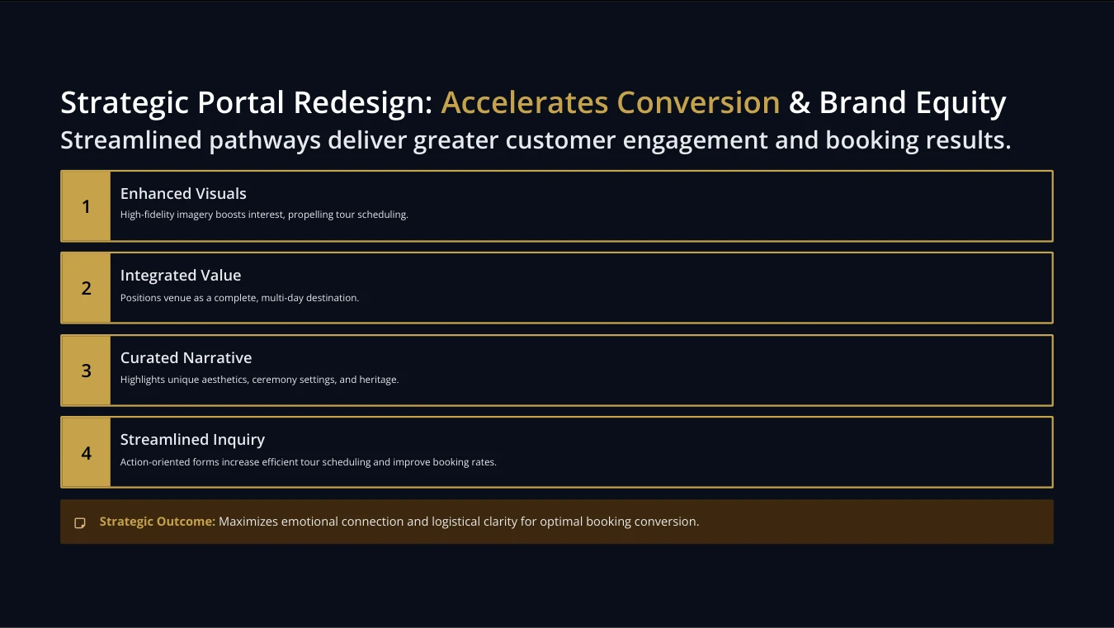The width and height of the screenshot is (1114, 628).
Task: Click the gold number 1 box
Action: coord(86,206)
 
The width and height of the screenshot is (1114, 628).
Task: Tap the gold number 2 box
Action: coord(86,288)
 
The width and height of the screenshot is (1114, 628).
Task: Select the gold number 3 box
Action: coord(86,371)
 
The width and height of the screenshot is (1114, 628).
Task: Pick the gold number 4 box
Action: coord(86,452)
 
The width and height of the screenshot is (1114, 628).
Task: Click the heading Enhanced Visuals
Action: coord(183,193)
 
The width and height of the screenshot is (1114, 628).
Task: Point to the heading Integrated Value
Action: coord(181,276)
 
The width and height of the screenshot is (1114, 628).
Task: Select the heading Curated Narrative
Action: coord(186,357)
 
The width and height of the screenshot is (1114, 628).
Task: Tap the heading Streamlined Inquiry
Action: coord(192,440)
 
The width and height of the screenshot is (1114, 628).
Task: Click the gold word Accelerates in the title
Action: coord(525,102)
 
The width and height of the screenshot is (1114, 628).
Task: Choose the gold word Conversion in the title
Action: coord(698,102)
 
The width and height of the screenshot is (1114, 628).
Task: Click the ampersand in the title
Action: coord(800,103)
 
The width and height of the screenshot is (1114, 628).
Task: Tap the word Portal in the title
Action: coord(241,102)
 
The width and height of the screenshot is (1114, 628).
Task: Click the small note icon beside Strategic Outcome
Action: coord(79,522)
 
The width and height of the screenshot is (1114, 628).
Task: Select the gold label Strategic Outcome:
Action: coord(157,522)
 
